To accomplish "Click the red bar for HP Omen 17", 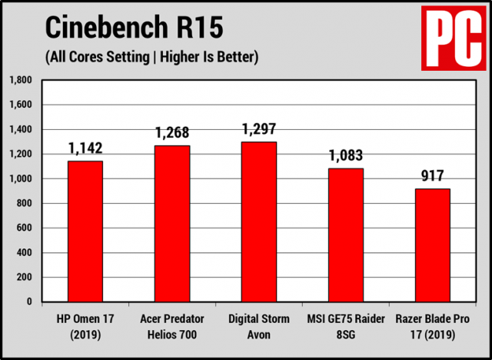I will pos(85,231).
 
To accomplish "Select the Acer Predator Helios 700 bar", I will pos(171,223).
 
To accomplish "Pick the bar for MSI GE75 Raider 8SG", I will pos(346,235).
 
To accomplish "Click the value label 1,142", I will pos(85,148).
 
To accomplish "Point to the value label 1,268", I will pos(171,132).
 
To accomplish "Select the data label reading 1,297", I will pos(258,128).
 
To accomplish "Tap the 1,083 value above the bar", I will pos(346,155).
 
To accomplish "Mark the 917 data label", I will pos(433,176).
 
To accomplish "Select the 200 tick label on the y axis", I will pos(25,277).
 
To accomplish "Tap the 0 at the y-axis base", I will pos(30,302).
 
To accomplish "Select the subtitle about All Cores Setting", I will pos(151,56).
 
